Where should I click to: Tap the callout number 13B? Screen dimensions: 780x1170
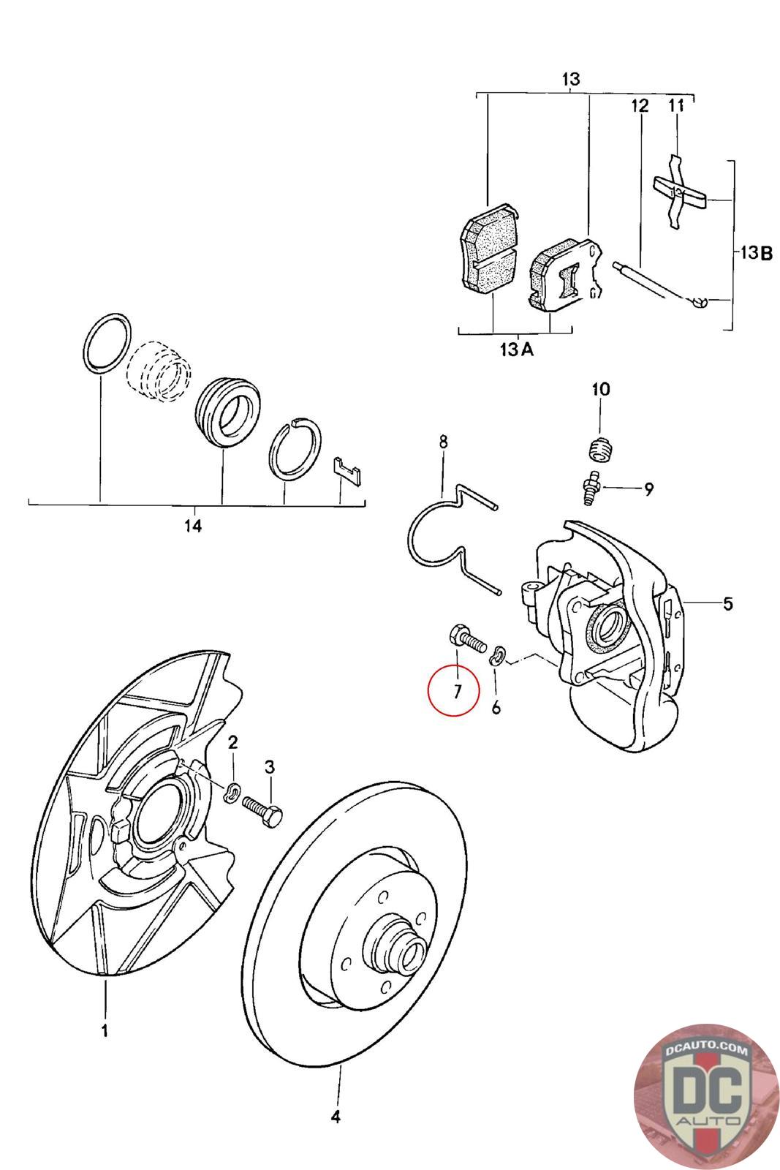(755, 253)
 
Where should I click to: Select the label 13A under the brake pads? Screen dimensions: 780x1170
(517, 349)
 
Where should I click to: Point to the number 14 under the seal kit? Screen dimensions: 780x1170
(193, 525)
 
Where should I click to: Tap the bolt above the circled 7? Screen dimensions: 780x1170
(467, 638)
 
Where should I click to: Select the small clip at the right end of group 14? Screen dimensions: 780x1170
(347, 471)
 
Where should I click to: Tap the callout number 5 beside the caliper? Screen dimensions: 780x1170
(727, 603)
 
